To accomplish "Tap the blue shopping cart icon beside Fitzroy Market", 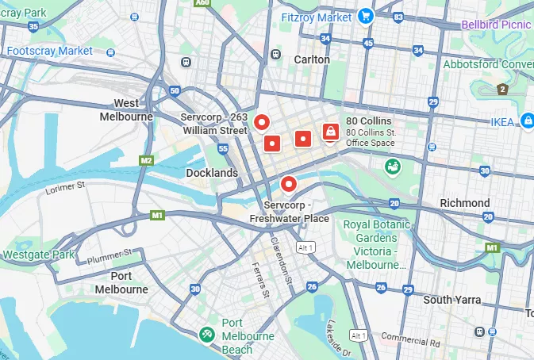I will click(x=365, y=15).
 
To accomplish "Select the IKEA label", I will click(x=501, y=121).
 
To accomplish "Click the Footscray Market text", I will click(x=50, y=51).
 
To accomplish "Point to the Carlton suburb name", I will click(x=312, y=59).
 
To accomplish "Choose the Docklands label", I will click(x=212, y=172).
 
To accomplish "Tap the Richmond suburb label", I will click(x=465, y=203).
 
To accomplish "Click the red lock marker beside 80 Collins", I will click(x=329, y=131).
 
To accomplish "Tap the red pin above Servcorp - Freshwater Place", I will click(x=289, y=184).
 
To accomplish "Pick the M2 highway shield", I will click(x=146, y=160).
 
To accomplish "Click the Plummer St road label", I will click(x=110, y=255).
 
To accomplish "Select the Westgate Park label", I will click(x=38, y=255).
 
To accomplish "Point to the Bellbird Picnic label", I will click(x=498, y=25).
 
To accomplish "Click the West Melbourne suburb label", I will click(x=126, y=109).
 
